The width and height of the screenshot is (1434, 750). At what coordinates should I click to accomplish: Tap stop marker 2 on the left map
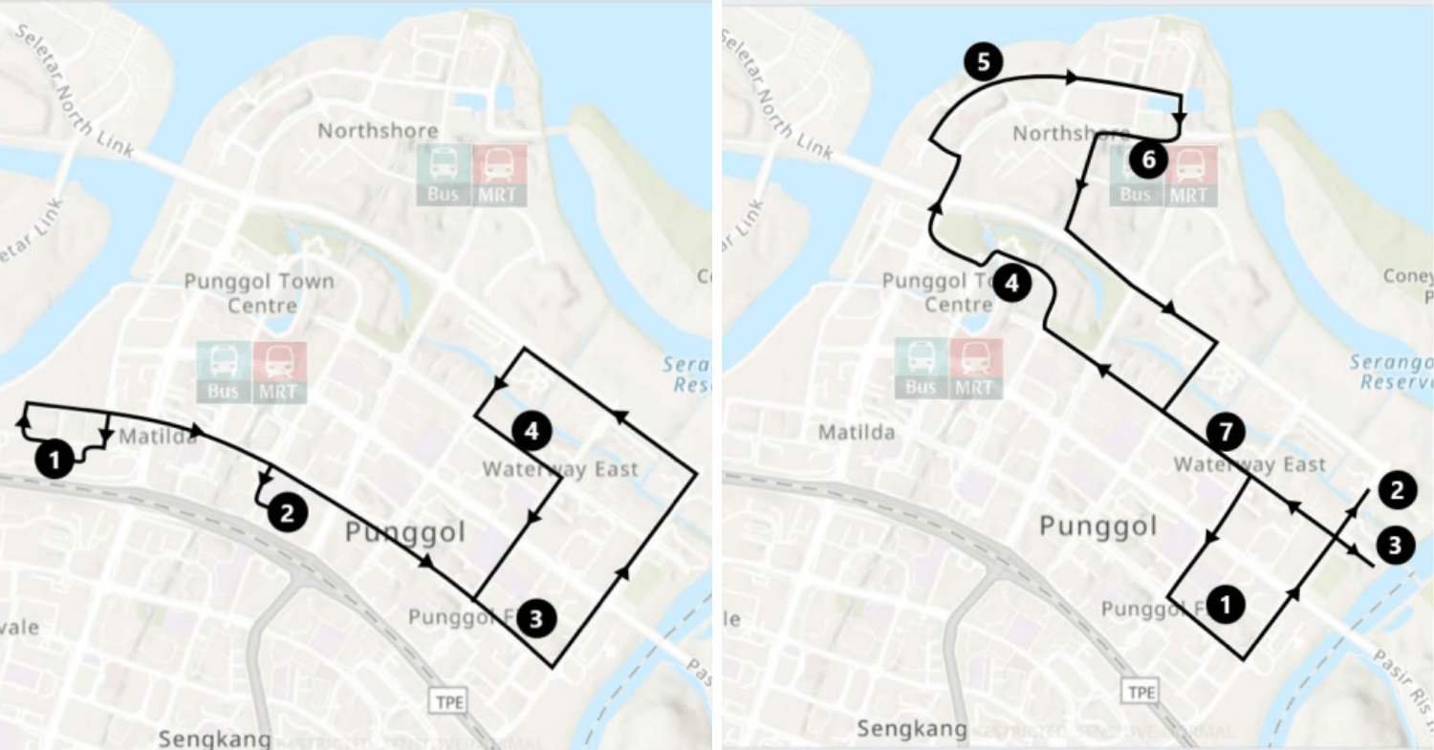pos(287,513)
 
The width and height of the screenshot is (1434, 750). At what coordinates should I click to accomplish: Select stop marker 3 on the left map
pos(535,618)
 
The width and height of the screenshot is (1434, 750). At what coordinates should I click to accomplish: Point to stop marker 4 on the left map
pos(532,432)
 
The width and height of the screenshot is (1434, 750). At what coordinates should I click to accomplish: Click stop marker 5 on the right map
pos(983,63)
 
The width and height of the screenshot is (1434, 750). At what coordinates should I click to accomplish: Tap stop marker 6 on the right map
pos(1148,160)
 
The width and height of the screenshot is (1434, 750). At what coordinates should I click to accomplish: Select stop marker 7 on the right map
pos(1225,432)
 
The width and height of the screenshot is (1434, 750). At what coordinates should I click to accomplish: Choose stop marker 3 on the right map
pos(1394,546)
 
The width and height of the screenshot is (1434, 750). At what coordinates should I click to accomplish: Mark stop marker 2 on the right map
pos(1397,491)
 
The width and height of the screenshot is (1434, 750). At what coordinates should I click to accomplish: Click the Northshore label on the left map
pos(378,130)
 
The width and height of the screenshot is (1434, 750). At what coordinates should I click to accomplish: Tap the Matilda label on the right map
pos(857,433)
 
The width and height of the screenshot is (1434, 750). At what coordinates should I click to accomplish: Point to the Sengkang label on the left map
pos(215,739)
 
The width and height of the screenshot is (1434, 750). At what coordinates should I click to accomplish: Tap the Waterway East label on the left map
pos(559,469)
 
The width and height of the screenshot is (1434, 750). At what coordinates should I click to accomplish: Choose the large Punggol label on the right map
pos(1097,525)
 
